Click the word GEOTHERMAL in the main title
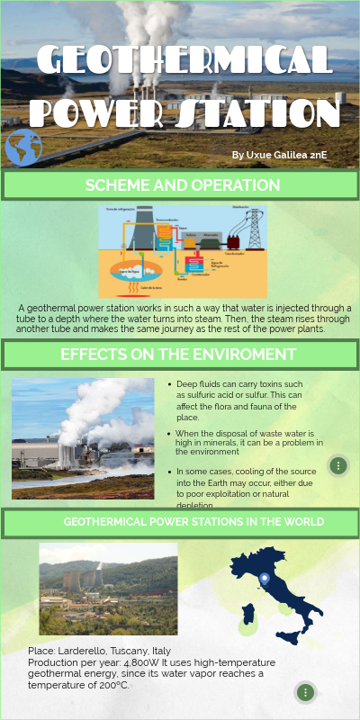click(x=185, y=61)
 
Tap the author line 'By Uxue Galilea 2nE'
click(x=278, y=156)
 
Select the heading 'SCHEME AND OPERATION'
click(x=182, y=185)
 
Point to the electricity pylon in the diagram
click(x=255, y=229)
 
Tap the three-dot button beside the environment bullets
click(x=337, y=465)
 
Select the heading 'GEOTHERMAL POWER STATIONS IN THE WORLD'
click(x=193, y=522)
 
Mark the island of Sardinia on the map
click(x=250, y=615)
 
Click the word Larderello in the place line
click(x=94, y=650)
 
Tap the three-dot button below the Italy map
click(x=306, y=692)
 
